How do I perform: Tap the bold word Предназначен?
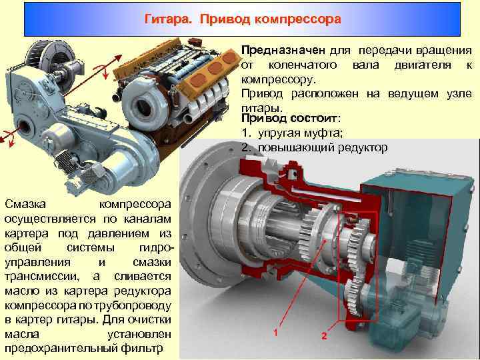tap(283, 50)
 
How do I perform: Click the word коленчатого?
tap(303, 65)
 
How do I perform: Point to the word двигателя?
tap(423, 65)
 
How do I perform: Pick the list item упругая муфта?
tap(300, 133)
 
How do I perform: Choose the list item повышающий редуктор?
tap(323, 147)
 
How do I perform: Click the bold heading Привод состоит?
tap(290, 118)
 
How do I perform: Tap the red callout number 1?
tap(275, 332)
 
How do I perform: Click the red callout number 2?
tap(324, 335)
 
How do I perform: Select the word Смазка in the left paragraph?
tap(25, 204)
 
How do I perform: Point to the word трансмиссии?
tap(42, 277)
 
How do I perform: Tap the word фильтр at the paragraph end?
tap(142, 349)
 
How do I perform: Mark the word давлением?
tap(119, 233)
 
